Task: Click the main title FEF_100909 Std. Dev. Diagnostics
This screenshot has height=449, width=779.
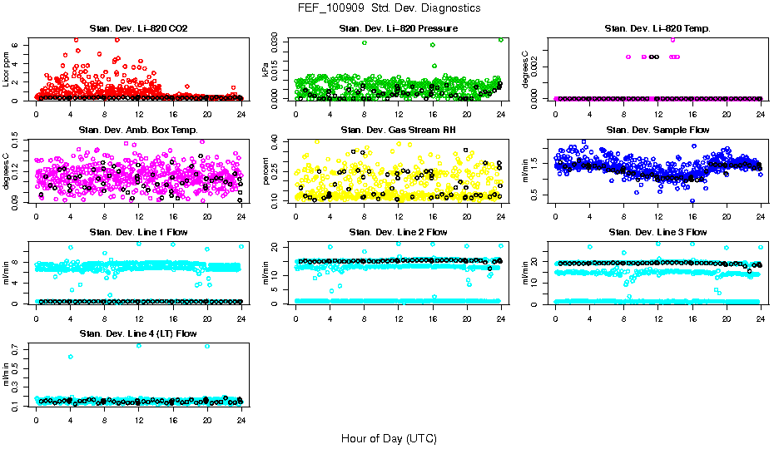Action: click(389, 8)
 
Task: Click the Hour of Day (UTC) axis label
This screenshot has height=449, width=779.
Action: click(389, 438)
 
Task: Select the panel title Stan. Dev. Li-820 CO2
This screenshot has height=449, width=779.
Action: click(138, 28)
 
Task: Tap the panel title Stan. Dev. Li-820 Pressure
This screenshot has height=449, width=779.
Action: click(398, 28)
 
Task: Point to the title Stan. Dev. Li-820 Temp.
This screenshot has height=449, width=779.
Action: click(657, 28)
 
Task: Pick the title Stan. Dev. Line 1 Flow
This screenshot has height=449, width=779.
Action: click(138, 232)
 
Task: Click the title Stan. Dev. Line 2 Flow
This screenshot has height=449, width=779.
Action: click(398, 232)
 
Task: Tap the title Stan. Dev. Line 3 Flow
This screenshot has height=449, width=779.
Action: click(657, 232)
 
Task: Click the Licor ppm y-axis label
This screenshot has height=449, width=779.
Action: click(7, 71)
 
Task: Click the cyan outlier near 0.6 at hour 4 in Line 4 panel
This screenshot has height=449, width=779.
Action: click(71, 357)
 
